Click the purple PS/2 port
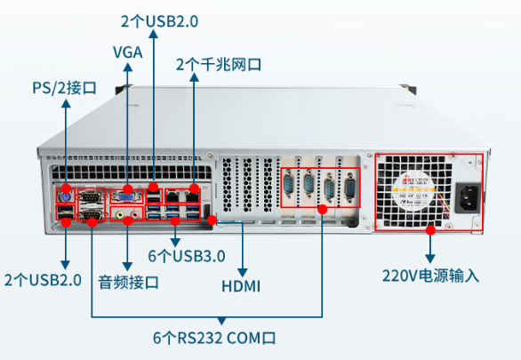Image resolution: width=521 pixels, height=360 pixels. (64, 196)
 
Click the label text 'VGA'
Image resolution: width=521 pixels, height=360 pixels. (127, 52)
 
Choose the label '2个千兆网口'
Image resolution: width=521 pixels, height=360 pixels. (219, 64)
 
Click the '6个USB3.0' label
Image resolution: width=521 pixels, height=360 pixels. (187, 256)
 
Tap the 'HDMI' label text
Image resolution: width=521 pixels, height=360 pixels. (241, 285)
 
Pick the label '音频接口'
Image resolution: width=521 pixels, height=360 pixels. (128, 283)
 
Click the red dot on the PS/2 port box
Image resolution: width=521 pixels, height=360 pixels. (64, 185)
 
